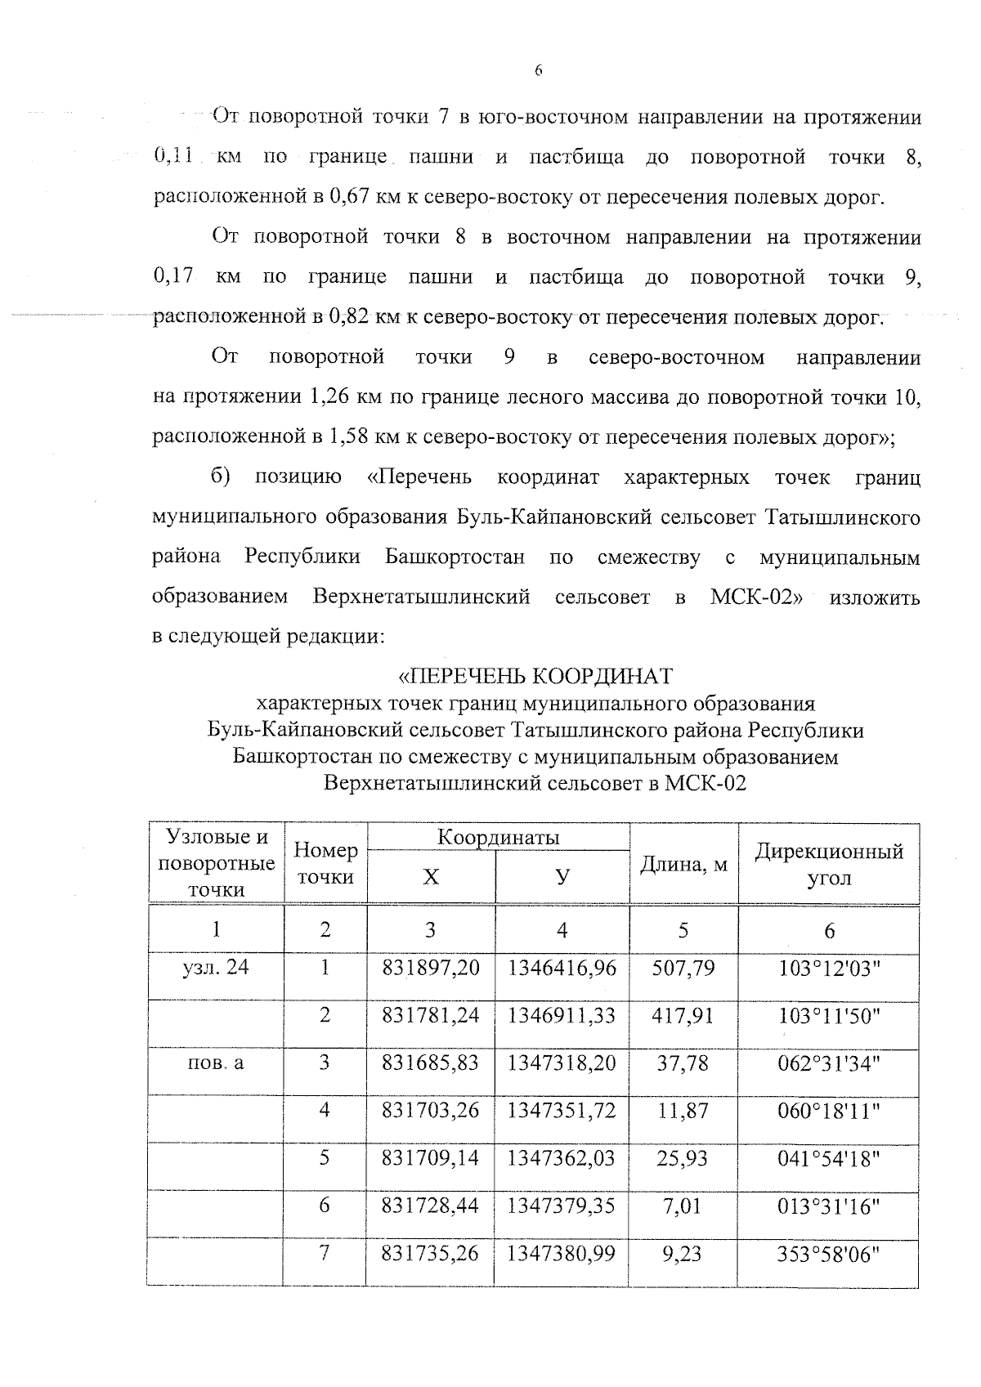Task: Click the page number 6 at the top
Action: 538,71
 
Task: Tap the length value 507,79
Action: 683,968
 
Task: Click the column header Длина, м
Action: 683,864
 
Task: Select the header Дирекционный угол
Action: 829,865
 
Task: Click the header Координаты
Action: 498,837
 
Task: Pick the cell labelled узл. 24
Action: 215,968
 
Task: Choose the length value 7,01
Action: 683,1206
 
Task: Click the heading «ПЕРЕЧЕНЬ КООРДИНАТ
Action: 535,677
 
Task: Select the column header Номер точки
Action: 325,864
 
